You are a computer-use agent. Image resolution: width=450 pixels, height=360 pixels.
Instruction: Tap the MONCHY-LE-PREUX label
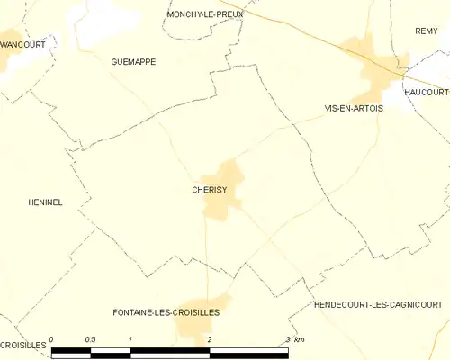(x=204, y=14)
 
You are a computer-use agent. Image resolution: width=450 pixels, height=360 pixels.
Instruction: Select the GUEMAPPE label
(x=132, y=62)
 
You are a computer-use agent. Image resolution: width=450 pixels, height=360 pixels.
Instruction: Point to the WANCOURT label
(x=22, y=43)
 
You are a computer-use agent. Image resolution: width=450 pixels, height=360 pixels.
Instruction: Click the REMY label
(x=426, y=31)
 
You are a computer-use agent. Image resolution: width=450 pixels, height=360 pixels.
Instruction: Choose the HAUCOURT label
(x=426, y=92)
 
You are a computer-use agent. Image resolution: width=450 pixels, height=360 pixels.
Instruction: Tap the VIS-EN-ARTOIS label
(x=353, y=108)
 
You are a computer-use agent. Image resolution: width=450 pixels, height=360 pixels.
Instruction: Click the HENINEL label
(x=45, y=202)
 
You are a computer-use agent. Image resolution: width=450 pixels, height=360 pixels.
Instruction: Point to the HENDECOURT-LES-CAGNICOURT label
(x=379, y=305)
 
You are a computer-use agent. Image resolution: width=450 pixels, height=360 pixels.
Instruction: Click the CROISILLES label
(x=22, y=345)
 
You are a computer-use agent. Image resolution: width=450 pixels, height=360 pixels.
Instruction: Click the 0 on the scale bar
(x=52, y=339)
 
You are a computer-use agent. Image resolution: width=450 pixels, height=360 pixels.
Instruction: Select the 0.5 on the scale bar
(x=91, y=339)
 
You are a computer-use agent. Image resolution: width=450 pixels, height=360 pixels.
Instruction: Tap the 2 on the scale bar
(x=210, y=339)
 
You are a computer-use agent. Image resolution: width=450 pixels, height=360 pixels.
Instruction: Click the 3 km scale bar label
(x=293, y=339)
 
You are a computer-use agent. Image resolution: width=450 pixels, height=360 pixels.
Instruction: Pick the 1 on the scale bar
(x=130, y=339)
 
